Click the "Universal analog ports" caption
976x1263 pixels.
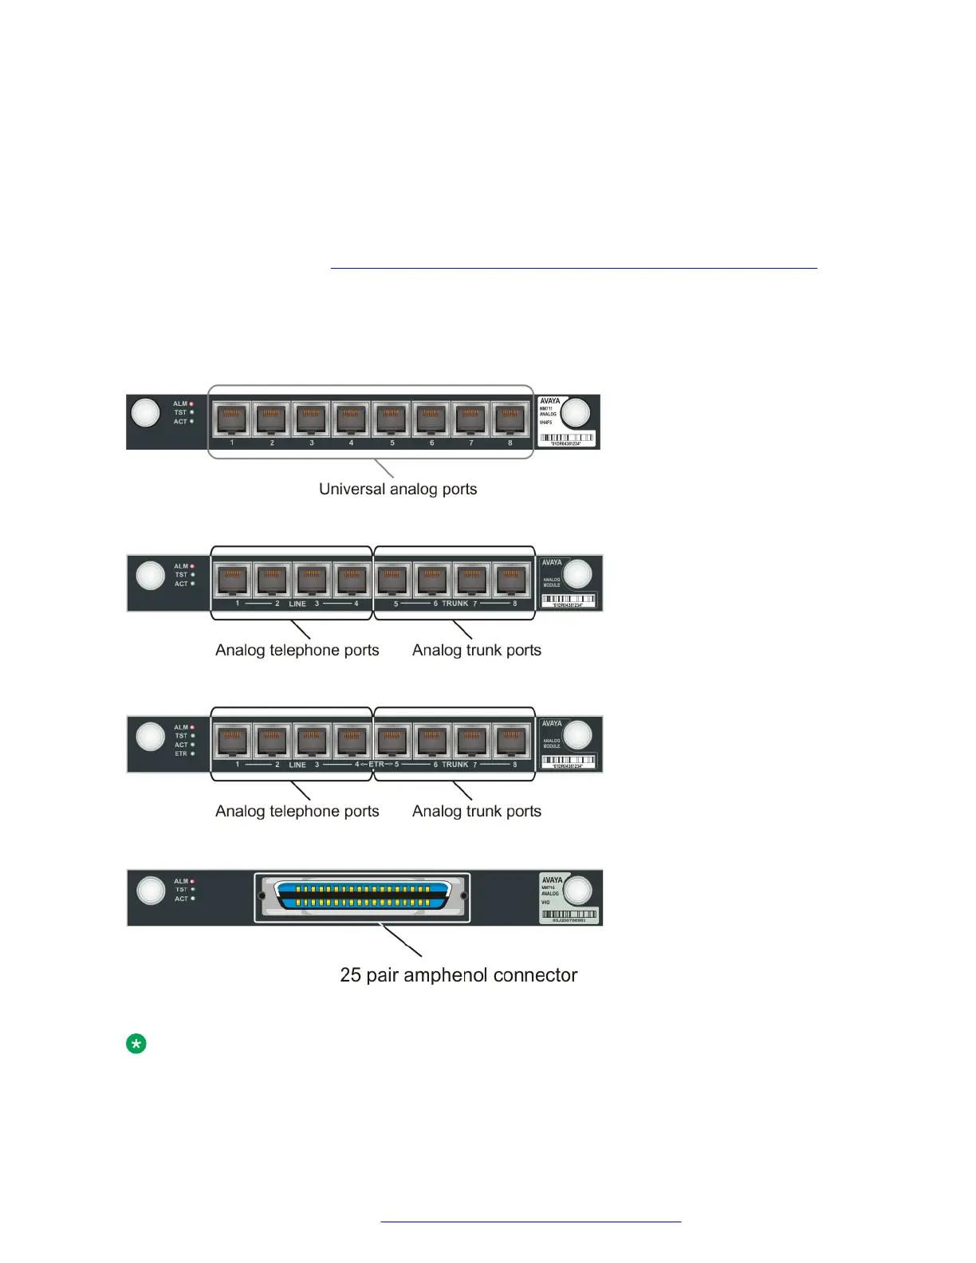pos(398,489)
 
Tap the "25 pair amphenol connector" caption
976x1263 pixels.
pos(458,975)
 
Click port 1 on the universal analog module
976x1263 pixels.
pos(232,419)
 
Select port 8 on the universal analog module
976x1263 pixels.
pos(510,419)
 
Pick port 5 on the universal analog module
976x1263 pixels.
pos(391,419)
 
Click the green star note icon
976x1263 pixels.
pos(136,1044)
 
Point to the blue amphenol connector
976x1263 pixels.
pos(363,896)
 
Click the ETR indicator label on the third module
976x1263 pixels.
pos(182,753)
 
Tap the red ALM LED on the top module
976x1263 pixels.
pos(192,403)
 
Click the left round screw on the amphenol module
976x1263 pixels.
pos(151,890)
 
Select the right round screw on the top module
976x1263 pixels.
pos(576,412)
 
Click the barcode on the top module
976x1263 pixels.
pos(567,438)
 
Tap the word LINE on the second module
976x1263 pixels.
pos(297,604)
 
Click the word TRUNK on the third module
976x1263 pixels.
pos(455,765)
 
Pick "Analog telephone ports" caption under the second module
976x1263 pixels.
pos(297,650)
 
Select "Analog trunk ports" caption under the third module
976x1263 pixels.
pos(476,811)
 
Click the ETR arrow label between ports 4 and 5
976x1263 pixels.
pos(376,765)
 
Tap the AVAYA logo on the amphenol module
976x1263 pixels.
pos(552,880)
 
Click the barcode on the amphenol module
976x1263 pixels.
pos(569,915)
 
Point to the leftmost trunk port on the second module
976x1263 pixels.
pos(392,580)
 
